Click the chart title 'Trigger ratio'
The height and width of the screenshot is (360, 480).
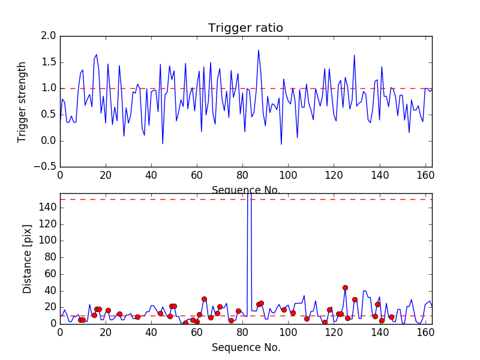(245, 28)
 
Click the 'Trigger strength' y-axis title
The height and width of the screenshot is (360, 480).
(22, 101)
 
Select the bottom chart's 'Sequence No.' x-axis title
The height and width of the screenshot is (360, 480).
(245, 347)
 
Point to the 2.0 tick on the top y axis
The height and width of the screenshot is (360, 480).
(49, 37)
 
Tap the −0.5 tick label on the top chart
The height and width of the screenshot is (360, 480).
(46, 167)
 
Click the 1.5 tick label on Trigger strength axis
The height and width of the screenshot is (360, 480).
(49, 62)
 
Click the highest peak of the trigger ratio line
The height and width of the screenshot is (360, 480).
(259, 50)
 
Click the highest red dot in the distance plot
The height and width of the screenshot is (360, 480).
(345, 287)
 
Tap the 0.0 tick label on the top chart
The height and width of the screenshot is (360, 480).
(49, 141)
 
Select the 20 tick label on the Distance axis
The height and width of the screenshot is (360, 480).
(50, 307)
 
